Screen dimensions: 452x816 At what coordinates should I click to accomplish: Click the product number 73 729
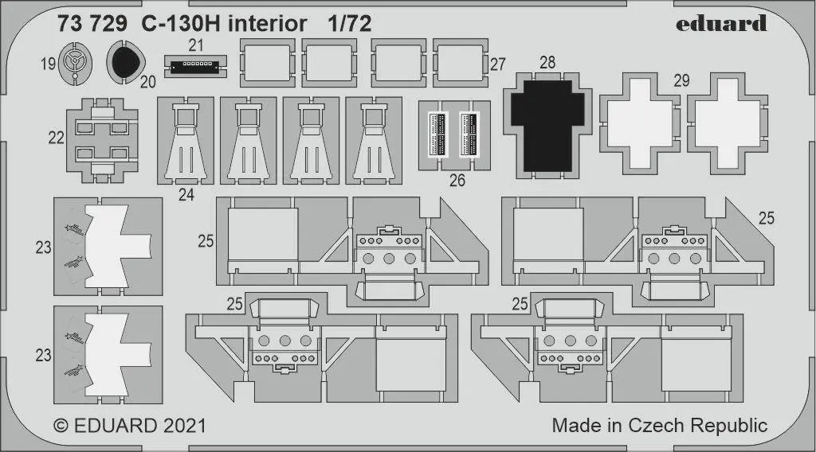(92, 24)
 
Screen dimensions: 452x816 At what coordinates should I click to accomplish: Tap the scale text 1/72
(349, 24)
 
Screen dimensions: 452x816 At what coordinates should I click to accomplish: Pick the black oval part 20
(124, 62)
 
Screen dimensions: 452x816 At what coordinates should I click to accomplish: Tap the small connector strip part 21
(194, 65)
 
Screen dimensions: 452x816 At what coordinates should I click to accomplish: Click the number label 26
(457, 181)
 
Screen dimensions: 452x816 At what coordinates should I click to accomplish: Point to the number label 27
(498, 64)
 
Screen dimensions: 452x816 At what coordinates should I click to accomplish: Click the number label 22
(57, 138)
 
